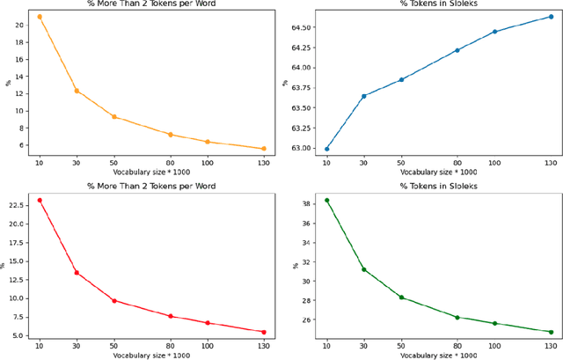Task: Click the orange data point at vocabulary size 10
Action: click(x=39, y=17)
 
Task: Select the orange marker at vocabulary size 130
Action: click(x=263, y=149)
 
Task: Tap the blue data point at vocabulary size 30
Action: click(x=364, y=96)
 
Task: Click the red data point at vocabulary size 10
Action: click(x=39, y=201)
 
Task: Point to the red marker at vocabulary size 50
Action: click(x=113, y=301)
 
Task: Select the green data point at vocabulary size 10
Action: click(x=326, y=201)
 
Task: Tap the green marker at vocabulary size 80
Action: click(x=457, y=317)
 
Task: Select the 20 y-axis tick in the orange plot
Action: click(x=19, y=25)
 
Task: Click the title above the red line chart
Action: click(x=150, y=187)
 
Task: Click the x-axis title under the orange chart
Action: click(x=150, y=172)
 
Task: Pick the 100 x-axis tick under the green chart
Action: click(x=494, y=347)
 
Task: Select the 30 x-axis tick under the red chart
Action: click(x=76, y=347)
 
